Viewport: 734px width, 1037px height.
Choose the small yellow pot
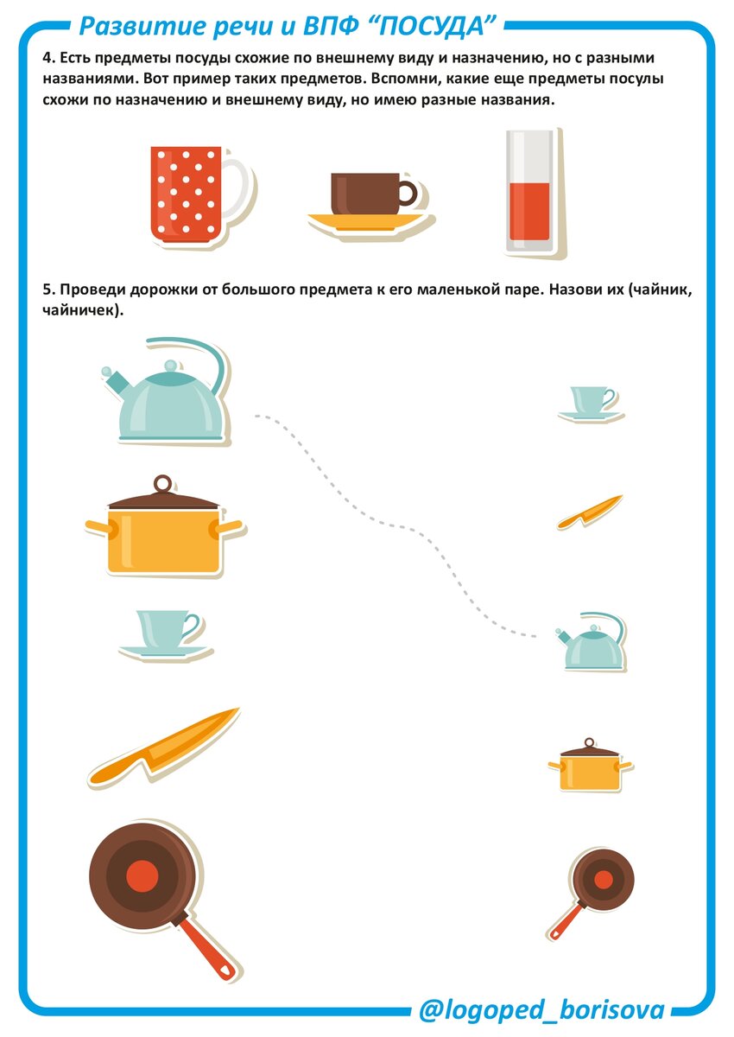click(589, 766)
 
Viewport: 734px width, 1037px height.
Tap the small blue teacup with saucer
click(590, 403)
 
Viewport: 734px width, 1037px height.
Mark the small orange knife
click(589, 512)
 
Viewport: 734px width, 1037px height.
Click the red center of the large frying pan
click(142, 875)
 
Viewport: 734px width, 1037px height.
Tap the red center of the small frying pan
click(603, 879)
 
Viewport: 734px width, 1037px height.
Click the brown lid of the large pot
click(163, 494)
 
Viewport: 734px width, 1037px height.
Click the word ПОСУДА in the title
click(433, 27)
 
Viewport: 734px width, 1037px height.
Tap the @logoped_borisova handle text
click(541, 1010)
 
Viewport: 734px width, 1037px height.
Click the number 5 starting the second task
click(47, 289)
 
